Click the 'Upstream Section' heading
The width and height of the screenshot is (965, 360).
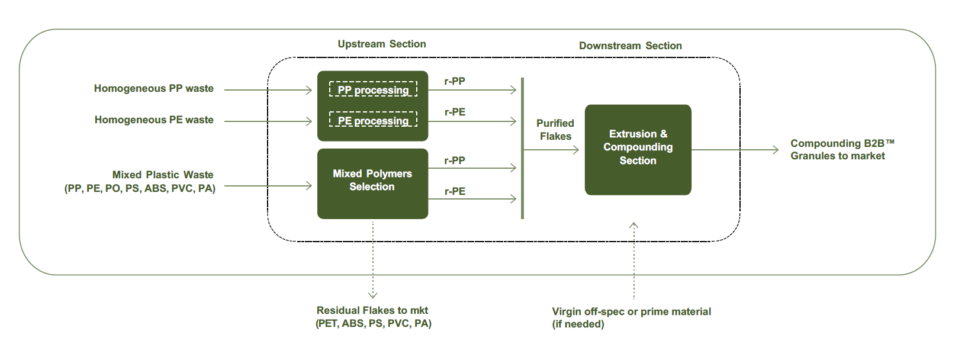point(381,44)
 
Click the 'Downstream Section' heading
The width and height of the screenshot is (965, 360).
point(630,46)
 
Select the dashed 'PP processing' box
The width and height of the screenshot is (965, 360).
point(373,89)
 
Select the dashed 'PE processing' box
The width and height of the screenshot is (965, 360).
point(373,120)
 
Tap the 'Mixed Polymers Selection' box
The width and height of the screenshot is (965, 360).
point(372,184)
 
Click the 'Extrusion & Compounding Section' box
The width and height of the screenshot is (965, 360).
point(638,149)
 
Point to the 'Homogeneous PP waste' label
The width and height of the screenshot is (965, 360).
point(153,88)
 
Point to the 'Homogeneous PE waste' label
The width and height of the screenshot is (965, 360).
point(154,120)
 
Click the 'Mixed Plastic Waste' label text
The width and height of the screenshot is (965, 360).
point(162,175)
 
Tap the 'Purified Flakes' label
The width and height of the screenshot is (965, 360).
point(555,130)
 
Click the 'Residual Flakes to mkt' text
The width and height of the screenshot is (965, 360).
point(372,310)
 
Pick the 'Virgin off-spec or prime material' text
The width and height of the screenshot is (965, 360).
point(631,311)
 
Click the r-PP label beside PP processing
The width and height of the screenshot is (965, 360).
point(455,81)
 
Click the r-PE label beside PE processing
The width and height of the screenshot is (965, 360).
point(455,112)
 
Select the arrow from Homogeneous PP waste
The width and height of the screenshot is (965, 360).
point(268,90)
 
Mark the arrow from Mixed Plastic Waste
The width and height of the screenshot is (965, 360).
point(268,186)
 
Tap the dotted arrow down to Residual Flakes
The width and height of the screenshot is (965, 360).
point(373,261)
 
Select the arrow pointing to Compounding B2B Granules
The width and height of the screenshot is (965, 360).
point(734,150)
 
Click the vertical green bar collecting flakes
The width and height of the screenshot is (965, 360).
point(522,148)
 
